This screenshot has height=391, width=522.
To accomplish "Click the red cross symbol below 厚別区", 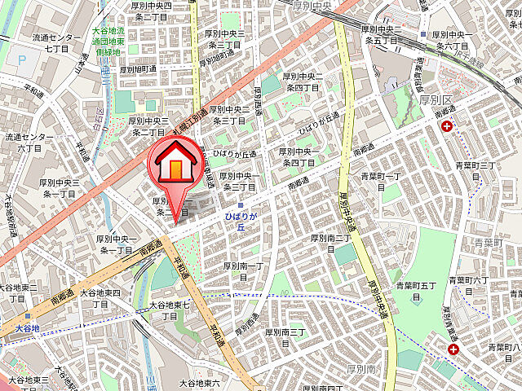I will (x=447, y=127).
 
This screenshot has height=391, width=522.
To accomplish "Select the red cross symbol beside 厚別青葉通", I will (x=453, y=349).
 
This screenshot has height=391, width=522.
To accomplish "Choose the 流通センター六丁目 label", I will (x=30, y=143).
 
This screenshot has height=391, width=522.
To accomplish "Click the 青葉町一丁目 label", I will (x=383, y=182).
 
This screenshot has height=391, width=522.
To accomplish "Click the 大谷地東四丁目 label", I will (x=100, y=298).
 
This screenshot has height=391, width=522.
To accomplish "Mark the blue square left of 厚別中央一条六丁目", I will (x=422, y=35).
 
